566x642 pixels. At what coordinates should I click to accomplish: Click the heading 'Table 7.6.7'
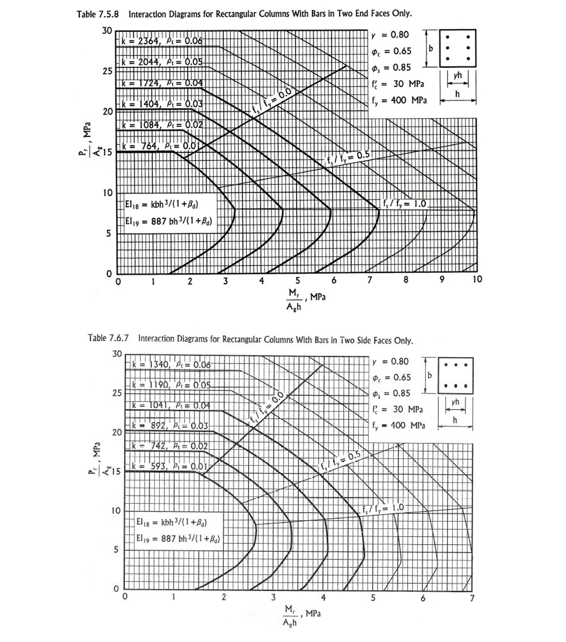(x=108, y=338)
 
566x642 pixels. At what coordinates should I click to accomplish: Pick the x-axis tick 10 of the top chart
(x=477, y=279)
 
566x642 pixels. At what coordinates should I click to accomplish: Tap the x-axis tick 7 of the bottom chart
(x=472, y=598)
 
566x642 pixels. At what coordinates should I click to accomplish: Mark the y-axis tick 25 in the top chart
(x=107, y=71)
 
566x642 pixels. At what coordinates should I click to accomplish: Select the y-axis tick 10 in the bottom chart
(x=116, y=511)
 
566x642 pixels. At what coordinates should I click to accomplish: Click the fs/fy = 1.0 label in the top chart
(x=404, y=203)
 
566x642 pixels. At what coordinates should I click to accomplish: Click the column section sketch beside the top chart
(x=458, y=48)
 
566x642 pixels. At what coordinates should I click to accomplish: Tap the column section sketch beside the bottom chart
(x=456, y=375)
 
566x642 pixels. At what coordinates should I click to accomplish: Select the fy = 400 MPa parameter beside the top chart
(x=399, y=101)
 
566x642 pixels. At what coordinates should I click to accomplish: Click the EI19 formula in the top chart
(x=169, y=221)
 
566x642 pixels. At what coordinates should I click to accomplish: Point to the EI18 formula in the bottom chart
(x=171, y=522)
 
